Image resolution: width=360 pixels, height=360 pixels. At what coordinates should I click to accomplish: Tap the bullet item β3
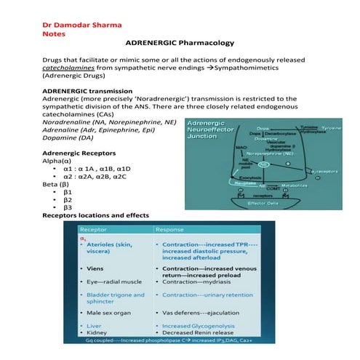(68, 207)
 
